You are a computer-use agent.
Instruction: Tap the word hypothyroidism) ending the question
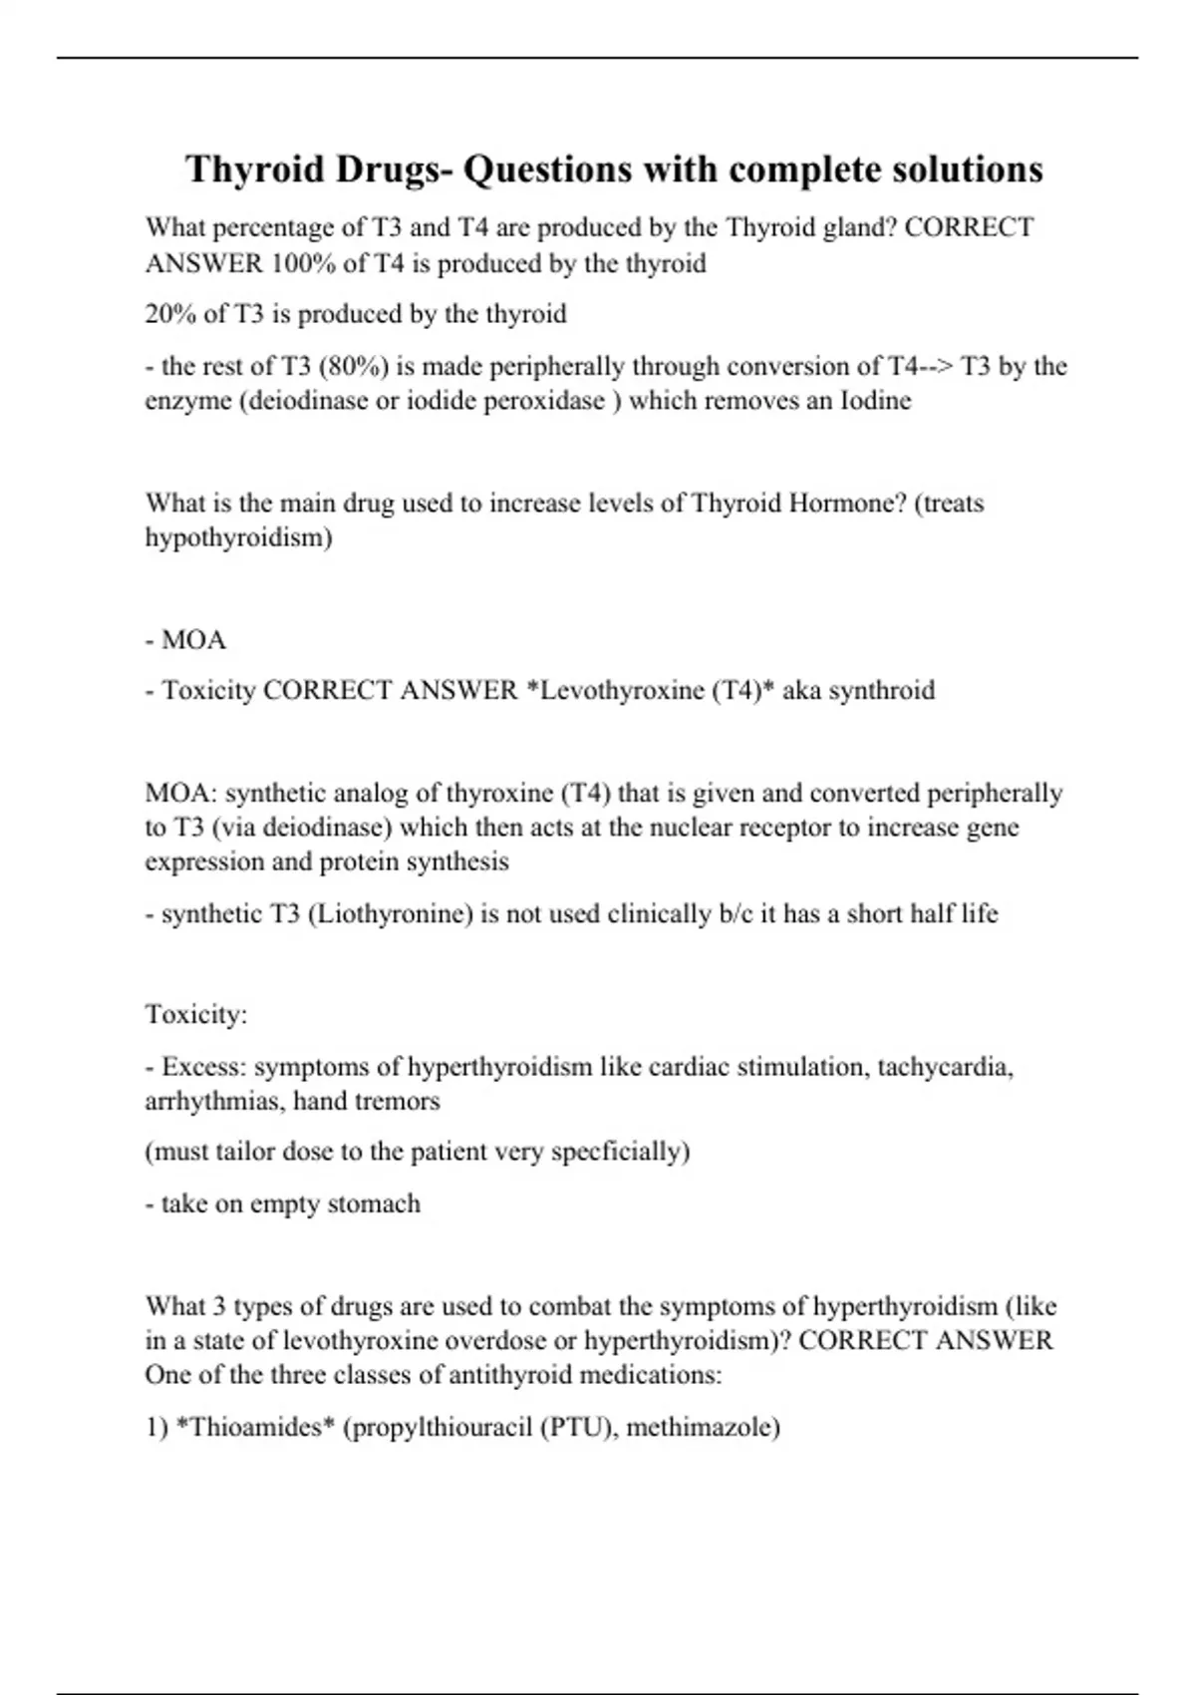click(x=239, y=537)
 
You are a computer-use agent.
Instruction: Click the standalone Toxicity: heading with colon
click(x=196, y=1015)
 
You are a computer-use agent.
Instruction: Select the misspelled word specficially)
click(x=620, y=1153)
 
